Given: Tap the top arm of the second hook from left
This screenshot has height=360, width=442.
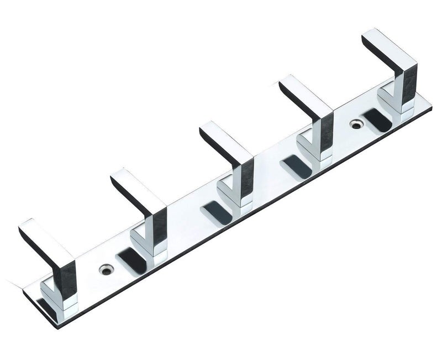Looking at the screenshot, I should pyautogui.click(x=138, y=188).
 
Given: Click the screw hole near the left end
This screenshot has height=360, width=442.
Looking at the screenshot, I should pyautogui.click(x=104, y=270).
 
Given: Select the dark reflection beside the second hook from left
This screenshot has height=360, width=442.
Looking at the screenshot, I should pyautogui.click(x=131, y=257).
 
